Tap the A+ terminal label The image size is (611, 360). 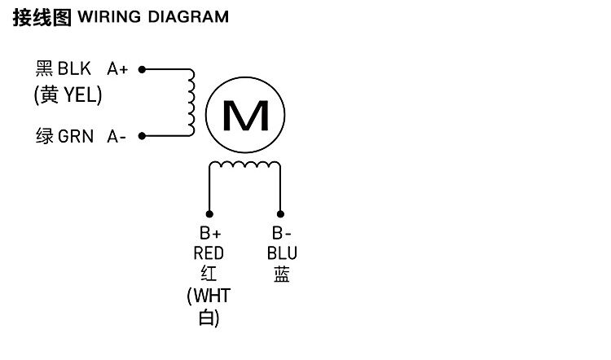click(118, 69)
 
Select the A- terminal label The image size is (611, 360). click(117, 137)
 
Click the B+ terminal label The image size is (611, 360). click(210, 234)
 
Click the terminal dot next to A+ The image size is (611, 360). click(142, 69)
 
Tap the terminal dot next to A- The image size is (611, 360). click(142, 136)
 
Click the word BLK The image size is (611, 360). click(74, 69)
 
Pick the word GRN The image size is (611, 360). click(77, 137)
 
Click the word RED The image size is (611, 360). click(209, 254)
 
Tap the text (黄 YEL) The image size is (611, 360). click(68, 96)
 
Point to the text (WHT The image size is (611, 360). click(209, 296)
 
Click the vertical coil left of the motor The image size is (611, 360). click(192, 103)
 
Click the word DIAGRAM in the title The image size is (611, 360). click(188, 17)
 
